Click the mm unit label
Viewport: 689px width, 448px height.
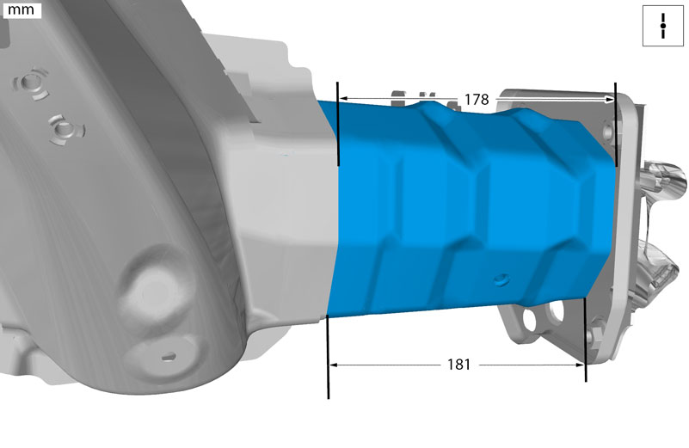click(22, 9)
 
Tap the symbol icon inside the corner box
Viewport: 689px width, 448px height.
click(663, 26)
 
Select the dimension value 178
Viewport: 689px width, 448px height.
click(477, 100)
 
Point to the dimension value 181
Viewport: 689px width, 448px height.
click(458, 364)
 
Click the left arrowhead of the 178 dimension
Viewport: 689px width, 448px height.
click(343, 98)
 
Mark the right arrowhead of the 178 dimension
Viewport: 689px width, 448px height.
click(610, 100)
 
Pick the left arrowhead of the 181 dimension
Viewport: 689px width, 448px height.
click(334, 365)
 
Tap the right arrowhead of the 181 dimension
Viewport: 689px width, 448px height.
click(580, 364)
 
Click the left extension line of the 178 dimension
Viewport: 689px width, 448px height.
click(337, 124)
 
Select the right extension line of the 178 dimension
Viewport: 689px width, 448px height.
click(616, 125)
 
